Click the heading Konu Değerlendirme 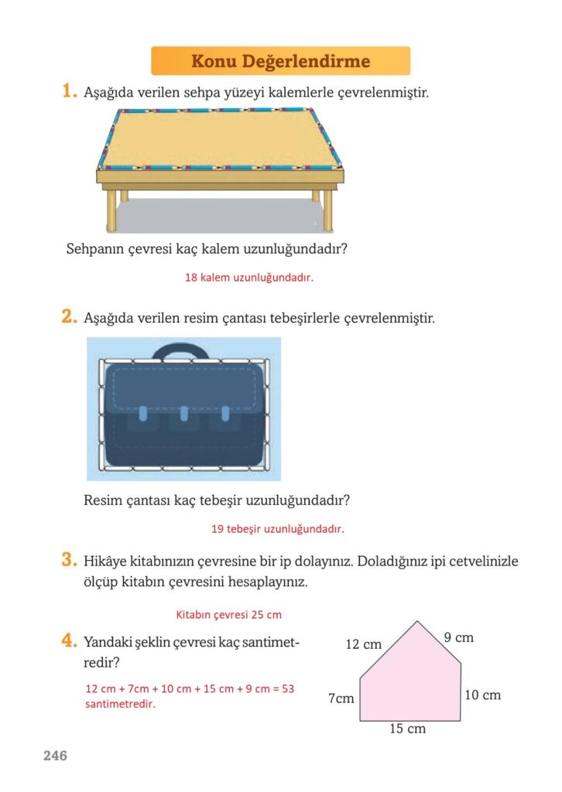[x=280, y=61]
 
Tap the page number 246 [x=55, y=756]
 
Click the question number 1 [x=69, y=91]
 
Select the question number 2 [x=69, y=316]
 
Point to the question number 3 [x=69, y=560]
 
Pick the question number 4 [x=69, y=640]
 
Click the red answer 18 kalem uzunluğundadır [x=249, y=278]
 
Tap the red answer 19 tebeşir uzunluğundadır [x=277, y=529]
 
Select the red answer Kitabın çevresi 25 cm [x=228, y=615]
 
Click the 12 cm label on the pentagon [x=363, y=644]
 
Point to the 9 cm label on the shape [x=459, y=637]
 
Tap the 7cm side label [x=341, y=698]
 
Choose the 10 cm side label [x=482, y=695]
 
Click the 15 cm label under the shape [x=407, y=729]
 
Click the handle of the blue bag [x=181, y=350]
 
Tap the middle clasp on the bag [x=184, y=413]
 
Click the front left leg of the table [x=111, y=210]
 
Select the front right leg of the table [x=328, y=210]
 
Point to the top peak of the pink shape [x=417, y=621]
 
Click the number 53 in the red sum [x=287, y=688]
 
